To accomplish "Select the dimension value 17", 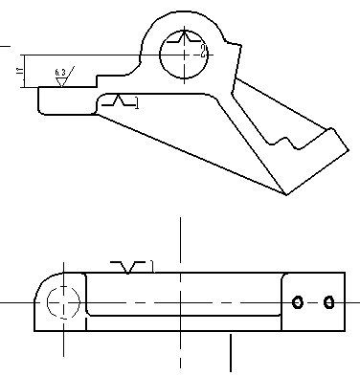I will [x=20, y=72].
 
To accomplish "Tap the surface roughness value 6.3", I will [x=60, y=73].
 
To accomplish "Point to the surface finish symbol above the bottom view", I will [x=131, y=265].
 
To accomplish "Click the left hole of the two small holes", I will [x=298, y=302].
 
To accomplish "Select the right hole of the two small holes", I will [x=328, y=302].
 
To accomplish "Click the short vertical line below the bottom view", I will [x=231, y=353].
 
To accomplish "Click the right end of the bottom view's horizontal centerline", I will [x=357, y=302].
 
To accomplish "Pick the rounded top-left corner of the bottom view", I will [x=43, y=280].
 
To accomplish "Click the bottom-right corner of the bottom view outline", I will [x=344, y=331].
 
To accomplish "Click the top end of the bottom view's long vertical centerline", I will [x=179, y=219].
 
